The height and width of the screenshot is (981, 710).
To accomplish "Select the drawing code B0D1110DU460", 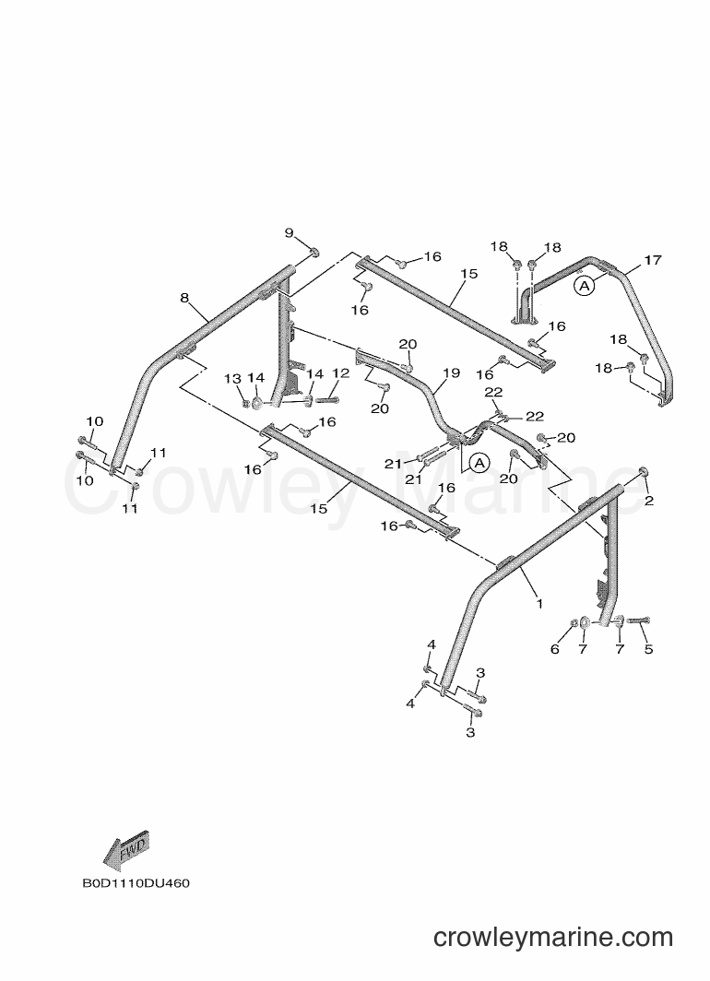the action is (x=136, y=883).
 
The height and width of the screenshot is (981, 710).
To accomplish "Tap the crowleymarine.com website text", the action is (x=553, y=937).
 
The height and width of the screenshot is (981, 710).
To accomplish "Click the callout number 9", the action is (x=289, y=233).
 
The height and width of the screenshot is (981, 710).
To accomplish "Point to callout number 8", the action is (x=184, y=298).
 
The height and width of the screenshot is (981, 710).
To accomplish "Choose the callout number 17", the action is (x=653, y=260).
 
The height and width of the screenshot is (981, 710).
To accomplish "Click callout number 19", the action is (x=452, y=372).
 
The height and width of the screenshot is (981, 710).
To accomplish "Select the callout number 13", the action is (x=232, y=379).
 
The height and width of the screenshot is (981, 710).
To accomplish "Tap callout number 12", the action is (x=340, y=372).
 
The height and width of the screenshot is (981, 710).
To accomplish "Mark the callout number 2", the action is (x=649, y=501).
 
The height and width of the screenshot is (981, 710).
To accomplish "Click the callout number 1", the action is (x=539, y=604).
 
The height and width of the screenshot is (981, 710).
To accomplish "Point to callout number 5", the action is (x=649, y=649).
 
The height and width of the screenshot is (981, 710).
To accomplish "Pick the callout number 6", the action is (x=555, y=649).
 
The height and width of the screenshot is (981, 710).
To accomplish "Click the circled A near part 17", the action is (x=584, y=286).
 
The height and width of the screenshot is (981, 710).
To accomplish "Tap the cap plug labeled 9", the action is (x=314, y=252).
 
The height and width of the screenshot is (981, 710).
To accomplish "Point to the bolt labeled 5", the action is (x=638, y=620).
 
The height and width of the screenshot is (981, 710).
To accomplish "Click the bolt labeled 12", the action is (x=327, y=398).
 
